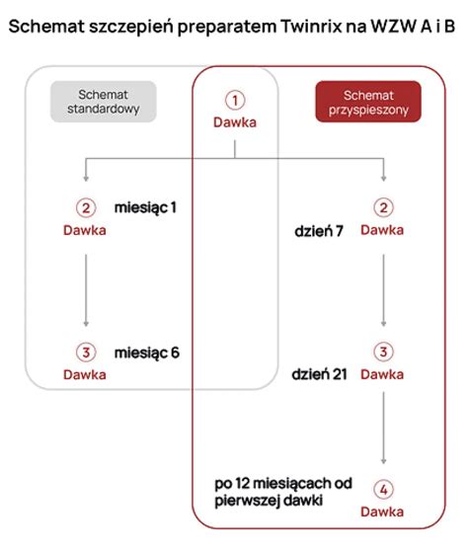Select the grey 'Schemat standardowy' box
(x=104, y=102)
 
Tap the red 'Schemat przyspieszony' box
(x=367, y=101)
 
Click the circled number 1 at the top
(x=234, y=101)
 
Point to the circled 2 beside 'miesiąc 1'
(x=85, y=208)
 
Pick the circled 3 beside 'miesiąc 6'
(x=85, y=353)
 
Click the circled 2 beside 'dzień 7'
(x=382, y=208)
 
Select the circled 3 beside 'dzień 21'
(x=382, y=353)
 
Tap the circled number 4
(x=382, y=490)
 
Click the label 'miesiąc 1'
(x=146, y=208)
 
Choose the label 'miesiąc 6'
(x=146, y=353)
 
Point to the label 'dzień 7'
(x=319, y=230)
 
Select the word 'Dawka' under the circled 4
(x=382, y=512)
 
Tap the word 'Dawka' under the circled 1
(x=234, y=122)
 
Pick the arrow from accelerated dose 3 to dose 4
(x=382, y=430)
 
